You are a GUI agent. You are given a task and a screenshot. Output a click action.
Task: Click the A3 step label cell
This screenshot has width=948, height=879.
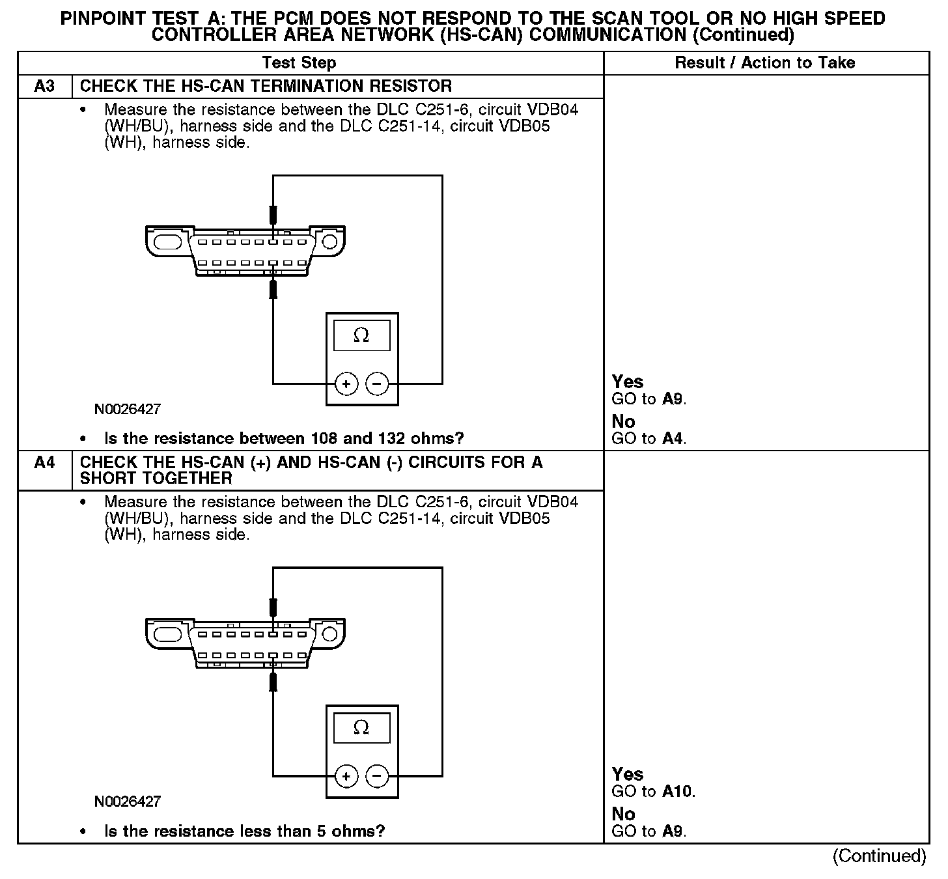(x=44, y=87)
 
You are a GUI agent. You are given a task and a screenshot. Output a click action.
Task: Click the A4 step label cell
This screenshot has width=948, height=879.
(x=44, y=463)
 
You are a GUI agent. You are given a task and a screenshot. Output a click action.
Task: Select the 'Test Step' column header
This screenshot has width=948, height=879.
(x=299, y=63)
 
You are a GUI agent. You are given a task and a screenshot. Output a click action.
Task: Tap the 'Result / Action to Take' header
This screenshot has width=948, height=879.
(x=765, y=63)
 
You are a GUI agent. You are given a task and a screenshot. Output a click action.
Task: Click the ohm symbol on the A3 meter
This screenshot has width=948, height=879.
(x=361, y=336)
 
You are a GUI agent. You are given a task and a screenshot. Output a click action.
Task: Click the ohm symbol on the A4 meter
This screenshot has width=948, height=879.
(x=361, y=728)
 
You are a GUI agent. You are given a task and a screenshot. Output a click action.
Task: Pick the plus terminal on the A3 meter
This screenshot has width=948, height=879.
(x=346, y=384)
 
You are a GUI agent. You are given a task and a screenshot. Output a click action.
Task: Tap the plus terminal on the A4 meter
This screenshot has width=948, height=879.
(x=346, y=776)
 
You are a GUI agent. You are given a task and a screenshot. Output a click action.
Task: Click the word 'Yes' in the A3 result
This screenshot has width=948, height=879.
(x=628, y=382)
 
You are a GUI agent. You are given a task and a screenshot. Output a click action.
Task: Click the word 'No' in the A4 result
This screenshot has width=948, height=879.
(x=623, y=814)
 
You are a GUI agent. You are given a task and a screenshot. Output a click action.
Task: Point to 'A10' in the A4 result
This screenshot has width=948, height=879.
(x=678, y=792)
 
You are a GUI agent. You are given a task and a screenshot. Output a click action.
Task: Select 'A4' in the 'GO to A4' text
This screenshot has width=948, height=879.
(x=673, y=439)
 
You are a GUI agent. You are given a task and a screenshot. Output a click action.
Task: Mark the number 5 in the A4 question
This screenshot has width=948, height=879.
(x=336, y=831)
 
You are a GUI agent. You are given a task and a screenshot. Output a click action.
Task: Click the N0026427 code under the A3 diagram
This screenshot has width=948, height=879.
(x=128, y=410)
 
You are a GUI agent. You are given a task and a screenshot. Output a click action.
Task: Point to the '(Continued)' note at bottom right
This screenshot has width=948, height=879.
(x=879, y=856)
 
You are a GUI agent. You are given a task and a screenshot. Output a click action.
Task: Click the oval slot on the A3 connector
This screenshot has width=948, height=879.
(x=168, y=242)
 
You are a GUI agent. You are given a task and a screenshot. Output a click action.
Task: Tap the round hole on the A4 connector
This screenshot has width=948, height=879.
(x=329, y=634)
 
